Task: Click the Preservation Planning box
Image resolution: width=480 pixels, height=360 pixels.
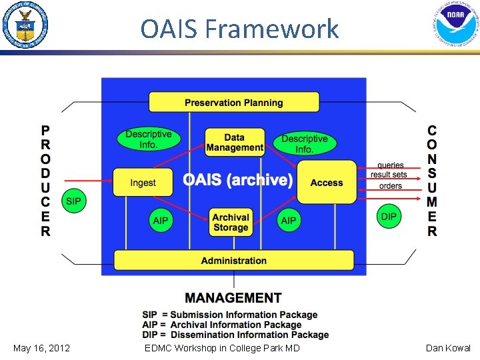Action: click(234, 103)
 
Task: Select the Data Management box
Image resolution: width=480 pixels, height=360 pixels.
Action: click(235, 143)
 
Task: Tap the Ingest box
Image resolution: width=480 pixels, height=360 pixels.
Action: click(143, 183)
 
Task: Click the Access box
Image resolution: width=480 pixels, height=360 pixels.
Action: click(327, 183)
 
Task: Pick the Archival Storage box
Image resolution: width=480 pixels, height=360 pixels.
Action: click(231, 223)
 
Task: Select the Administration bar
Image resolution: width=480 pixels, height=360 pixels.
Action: click(234, 261)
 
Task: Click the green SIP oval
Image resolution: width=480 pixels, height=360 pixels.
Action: click(73, 201)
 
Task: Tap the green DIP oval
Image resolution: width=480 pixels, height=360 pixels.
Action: click(389, 216)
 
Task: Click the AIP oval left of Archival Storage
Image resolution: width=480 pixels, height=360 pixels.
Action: click(161, 221)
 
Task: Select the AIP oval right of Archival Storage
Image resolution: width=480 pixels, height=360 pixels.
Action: click(289, 221)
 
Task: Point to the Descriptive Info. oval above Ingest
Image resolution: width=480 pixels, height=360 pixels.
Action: click(149, 139)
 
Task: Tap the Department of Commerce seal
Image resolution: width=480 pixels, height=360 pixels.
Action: click(25, 25)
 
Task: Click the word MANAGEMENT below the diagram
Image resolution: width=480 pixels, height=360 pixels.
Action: click(233, 298)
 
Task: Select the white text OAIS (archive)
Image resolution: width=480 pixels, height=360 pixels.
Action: click(237, 180)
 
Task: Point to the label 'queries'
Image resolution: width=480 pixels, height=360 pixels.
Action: click(391, 165)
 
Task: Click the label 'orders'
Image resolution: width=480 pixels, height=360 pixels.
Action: click(391, 186)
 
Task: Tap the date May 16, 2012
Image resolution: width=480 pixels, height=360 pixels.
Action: click(41, 348)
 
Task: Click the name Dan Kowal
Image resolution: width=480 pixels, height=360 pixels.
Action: click(449, 348)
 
